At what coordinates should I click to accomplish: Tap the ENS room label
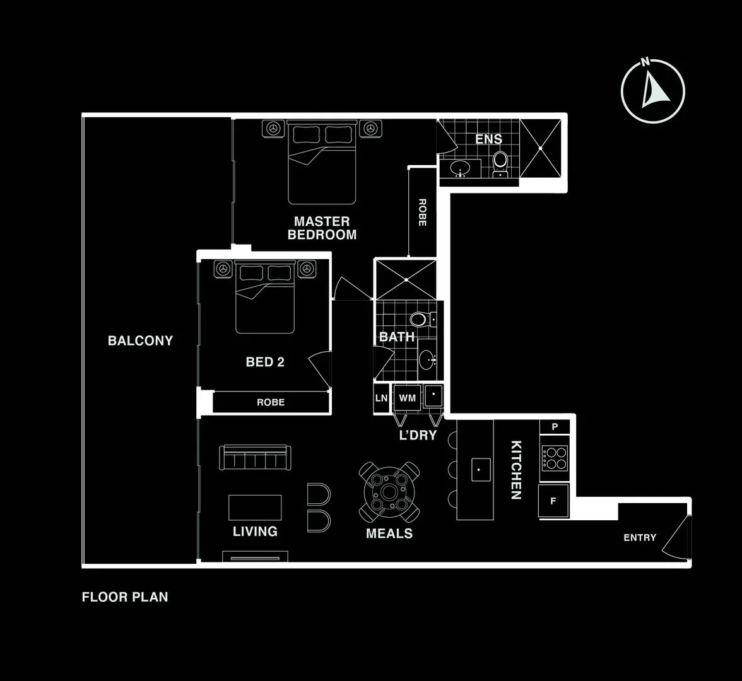(x=488, y=139)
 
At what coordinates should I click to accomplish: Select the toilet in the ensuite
(x=500, y=162)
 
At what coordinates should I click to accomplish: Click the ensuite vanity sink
(x=460, y=168)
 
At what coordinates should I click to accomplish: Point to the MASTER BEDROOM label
(x=322, y=228)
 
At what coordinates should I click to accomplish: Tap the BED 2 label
(x=265, y=362)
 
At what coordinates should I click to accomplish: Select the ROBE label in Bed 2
(x=270, y=402)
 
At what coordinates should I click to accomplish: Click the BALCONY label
(x=140, y=340)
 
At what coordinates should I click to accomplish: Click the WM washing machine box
(x=407, y=398)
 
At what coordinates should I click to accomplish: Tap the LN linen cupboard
(x=381, y=398)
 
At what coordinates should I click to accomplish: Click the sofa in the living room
(x=256, y=458)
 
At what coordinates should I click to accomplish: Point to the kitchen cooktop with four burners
(x=555, y=458)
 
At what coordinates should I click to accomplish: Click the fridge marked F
(x=553, y=501)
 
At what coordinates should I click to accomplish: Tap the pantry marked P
(x=555, y=427)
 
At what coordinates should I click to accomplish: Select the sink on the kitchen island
(x=480, y=469)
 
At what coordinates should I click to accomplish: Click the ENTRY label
(x=640, y=537)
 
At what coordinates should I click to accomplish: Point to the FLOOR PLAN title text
(x=125, y=597)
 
